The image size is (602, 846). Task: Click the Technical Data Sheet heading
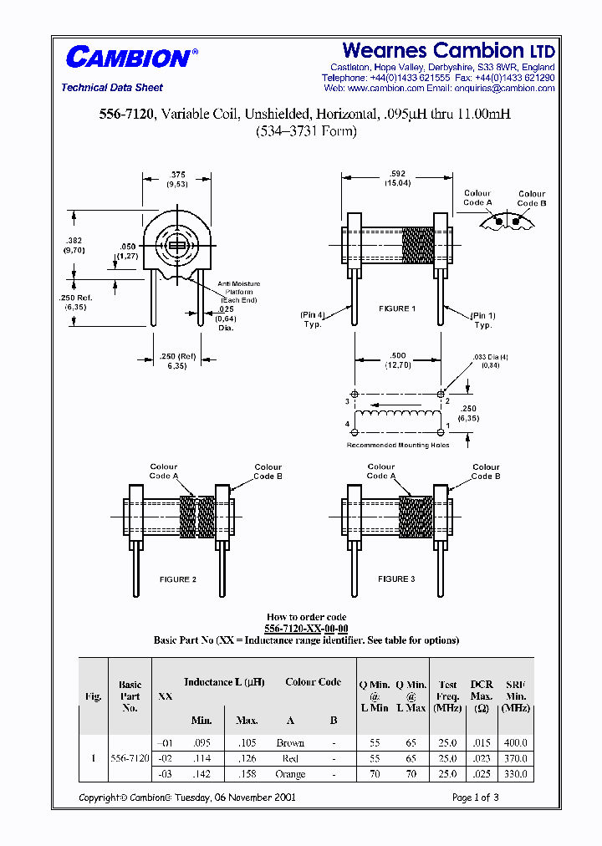click(x=112, y=88)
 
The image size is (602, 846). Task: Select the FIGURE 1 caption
click(x=397, y=308)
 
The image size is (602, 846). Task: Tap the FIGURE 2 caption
click(x=178, y=579)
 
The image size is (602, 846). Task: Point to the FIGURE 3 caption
click(x=396, y=578)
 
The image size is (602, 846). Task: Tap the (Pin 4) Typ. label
click(x=313, y=319)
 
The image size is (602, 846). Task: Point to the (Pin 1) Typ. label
click(x=483, y=319)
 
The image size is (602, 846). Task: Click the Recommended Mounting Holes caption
click(x=398, y=446)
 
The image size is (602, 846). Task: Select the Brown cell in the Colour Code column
click(x=290, y=742)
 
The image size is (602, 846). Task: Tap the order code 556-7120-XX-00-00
click(x=306, y=628)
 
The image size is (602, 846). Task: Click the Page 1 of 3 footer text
click(x=475, y=798)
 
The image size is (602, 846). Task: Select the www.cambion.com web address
click(x=385, y=88)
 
